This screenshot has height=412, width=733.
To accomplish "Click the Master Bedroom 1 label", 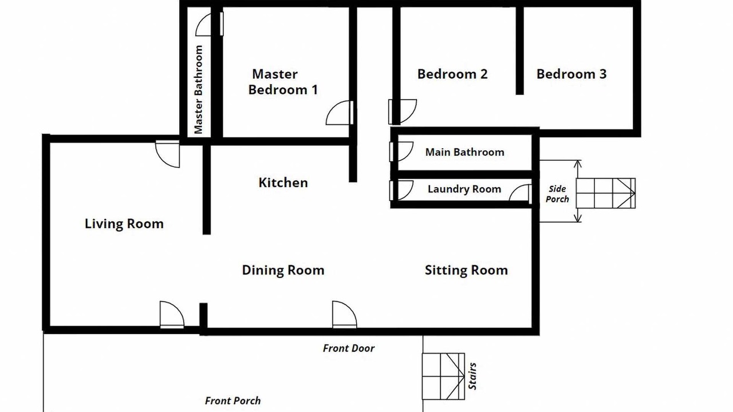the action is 283,82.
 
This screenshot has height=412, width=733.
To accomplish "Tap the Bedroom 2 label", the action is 452,74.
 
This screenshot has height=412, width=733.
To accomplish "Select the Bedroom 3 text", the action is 572,74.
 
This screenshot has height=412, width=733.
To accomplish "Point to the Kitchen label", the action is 283,183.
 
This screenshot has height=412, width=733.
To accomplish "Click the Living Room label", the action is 124,224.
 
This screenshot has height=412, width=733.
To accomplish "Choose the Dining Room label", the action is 283,270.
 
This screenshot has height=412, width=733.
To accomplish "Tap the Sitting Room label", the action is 466,270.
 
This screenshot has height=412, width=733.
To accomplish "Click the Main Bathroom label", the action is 464,152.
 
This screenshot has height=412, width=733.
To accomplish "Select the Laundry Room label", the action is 464,189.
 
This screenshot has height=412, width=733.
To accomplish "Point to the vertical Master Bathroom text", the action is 198,90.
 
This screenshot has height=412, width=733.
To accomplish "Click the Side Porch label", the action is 557,194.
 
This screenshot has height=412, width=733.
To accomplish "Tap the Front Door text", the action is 349,348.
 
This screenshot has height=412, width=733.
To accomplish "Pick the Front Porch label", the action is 232,401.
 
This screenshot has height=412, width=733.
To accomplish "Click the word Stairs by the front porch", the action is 472,377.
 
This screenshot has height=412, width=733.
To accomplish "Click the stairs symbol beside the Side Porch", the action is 606,193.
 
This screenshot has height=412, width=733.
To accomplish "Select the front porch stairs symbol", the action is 443,377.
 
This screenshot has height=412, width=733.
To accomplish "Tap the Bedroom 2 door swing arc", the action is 411,115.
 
